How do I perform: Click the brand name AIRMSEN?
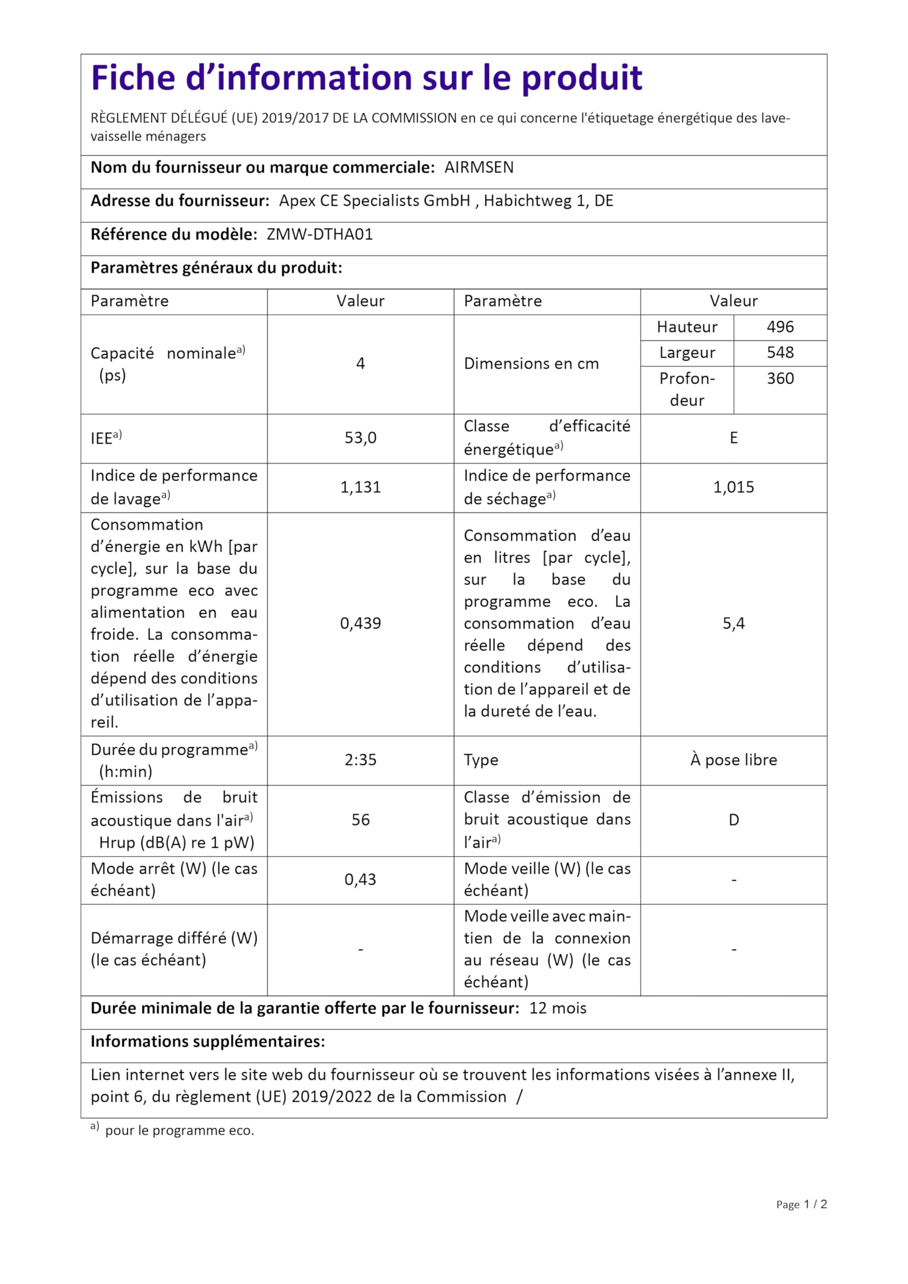479,168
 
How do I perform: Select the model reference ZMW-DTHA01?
319,234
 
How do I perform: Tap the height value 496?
780,327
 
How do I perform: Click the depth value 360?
780,379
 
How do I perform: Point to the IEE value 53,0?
360,438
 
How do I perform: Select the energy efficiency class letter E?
734,438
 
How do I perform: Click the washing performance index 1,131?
360,487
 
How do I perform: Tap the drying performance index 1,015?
734,487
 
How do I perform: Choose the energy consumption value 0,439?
360,623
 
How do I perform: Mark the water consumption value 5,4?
734,623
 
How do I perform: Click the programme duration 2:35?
360,760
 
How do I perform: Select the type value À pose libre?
734,760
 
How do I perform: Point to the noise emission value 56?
360,820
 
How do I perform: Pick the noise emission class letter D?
734,820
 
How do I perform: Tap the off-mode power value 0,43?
360,880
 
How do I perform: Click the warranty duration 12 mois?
558,1008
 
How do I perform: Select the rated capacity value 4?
360,364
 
